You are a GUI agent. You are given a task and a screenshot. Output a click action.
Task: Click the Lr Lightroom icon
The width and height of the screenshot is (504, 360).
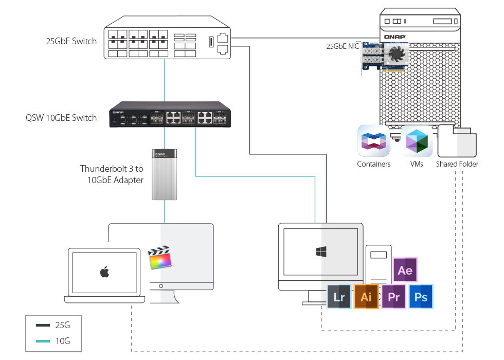[339, 297]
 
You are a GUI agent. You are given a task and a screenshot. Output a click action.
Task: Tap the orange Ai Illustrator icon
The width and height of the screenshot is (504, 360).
[366, 297]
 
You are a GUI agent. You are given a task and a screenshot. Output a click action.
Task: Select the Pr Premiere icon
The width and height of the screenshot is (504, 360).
[394, 297]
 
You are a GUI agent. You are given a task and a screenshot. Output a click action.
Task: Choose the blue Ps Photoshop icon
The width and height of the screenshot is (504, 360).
[421, 297]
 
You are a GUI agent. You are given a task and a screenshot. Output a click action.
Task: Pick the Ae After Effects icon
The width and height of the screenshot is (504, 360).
[405, 270]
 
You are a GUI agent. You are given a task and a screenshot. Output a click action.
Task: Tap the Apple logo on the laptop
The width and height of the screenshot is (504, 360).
[104, 272]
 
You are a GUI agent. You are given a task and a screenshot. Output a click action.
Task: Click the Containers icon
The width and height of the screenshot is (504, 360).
[374, 141]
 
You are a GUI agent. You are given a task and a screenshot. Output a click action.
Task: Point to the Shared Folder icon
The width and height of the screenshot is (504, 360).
[457, 141]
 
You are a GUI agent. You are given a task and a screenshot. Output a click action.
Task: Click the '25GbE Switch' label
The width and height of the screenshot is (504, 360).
[71, 41]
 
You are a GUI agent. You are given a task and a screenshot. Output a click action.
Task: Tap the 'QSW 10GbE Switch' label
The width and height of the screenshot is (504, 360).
[61, 118]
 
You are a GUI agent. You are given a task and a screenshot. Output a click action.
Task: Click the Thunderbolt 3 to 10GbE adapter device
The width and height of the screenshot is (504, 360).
[164, 174]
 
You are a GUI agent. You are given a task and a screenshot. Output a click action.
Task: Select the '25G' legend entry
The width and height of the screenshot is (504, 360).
[62, 325]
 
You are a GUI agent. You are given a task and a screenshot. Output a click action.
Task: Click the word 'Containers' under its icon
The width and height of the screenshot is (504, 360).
[374, 165]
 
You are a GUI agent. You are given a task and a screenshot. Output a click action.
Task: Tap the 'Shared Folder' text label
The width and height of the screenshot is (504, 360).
[457, 165]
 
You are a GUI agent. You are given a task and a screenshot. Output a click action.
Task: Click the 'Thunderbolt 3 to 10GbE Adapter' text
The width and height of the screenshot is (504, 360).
[112, 174]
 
